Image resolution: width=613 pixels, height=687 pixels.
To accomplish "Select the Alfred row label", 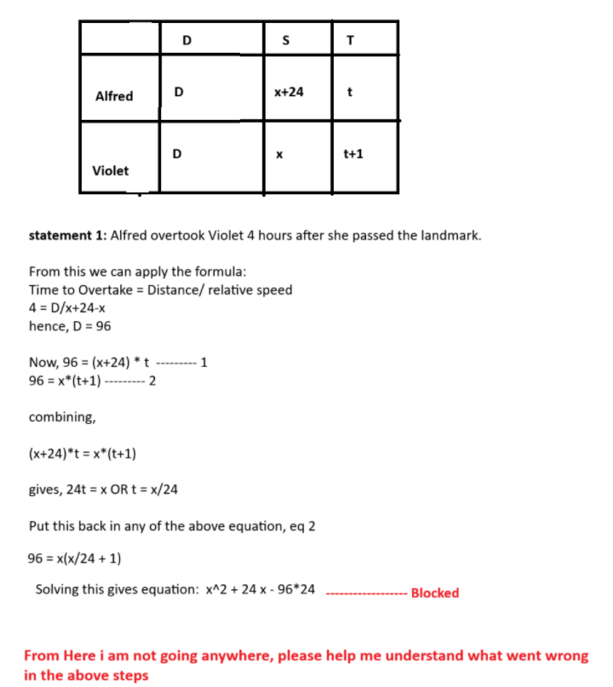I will [x=114, y=96].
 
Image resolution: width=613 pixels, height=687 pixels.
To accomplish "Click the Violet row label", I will [x=111, y=170].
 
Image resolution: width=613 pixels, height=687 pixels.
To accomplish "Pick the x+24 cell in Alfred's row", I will [x=289, y=91].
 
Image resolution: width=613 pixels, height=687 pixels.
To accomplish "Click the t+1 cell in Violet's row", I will [x=353, y=155].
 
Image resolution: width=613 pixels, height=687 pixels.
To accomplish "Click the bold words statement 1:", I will [x=68, y=235].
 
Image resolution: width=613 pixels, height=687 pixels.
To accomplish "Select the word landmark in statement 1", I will [x=451, y=235].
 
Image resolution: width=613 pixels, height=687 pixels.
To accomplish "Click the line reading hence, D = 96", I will [x=70, y=326].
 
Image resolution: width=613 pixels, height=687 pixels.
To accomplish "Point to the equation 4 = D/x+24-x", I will [x=67, y=308].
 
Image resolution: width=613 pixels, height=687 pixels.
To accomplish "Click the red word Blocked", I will [x=434, y=593].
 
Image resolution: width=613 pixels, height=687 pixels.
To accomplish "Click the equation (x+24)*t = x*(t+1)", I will [x=83, y=453].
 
